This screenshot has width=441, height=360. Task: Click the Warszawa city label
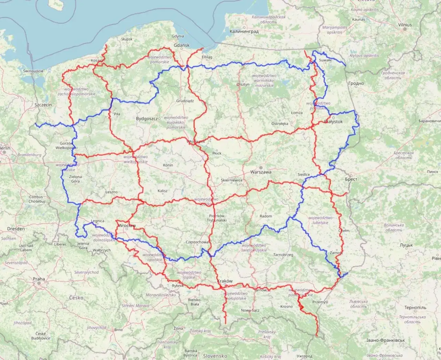click(x=261, y=172)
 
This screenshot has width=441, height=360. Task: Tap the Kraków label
click(x=225, y=281)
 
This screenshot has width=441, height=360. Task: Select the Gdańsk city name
click(x=182, y=45)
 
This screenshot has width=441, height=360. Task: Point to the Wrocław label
click(x=127, y=226)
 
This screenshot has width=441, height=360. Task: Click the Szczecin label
click(x=43, y=105)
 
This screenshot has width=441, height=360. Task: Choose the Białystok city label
click(x=334, y=121)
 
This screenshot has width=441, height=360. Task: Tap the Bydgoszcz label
click(x=147, y=119)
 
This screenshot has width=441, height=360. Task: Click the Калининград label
click(x=244, y=31)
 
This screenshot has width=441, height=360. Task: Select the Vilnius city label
click(x=405, y=25)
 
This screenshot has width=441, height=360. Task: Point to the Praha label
click(x=39, y=279)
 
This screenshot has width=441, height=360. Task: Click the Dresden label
click(x=16, y=229)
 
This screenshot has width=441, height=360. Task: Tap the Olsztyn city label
click(x=243, y=84)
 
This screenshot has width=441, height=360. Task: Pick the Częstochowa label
click(x=197, y=242)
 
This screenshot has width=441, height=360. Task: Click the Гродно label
click(x=356, y=83)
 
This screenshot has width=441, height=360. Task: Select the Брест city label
click(x=351, y=179)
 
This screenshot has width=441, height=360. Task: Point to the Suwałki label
click(x=325, y=60)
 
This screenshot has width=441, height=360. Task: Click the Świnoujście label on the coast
click(x=33, y=71)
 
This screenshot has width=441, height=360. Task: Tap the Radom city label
click(x=266, y=216)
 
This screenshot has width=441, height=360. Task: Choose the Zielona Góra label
click(x=75, y=179)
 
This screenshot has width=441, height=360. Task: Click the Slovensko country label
click(x=215, y=356)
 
